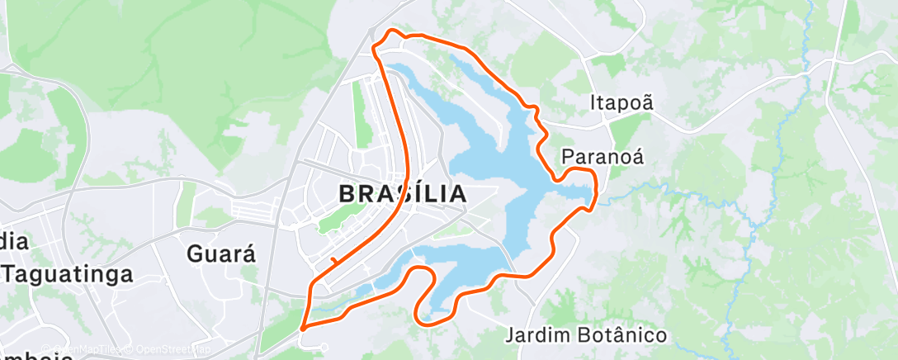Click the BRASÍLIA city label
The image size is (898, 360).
click(402, 194)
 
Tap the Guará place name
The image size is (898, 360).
click(220, 253)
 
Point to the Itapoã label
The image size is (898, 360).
click(622, 102)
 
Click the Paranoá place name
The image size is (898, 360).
click(602, 156)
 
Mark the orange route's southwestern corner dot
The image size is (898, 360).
click(303, 328)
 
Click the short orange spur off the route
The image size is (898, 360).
click(332, 262)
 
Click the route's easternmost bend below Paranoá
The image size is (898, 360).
click(595, 195)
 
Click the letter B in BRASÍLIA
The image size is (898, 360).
click(347, 194)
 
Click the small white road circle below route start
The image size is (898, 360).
click(324, 347)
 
